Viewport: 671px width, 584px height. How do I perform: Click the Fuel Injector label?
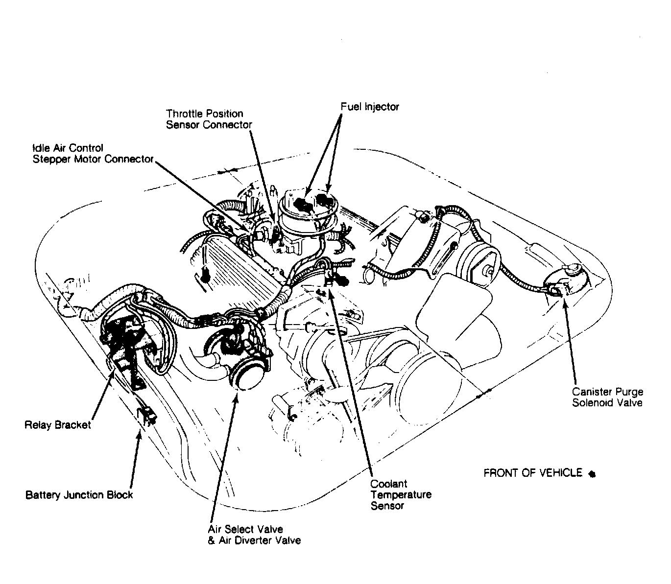370,107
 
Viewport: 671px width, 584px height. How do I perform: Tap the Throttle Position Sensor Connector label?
209,119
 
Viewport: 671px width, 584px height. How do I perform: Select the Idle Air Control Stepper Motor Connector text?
93,153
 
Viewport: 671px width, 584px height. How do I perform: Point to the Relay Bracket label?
57,425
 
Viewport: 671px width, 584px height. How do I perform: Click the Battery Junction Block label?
79,494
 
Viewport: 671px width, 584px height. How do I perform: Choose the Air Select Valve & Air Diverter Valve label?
254,535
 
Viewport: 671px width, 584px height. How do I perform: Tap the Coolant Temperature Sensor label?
401,494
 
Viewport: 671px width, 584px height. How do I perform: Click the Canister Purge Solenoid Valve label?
608,397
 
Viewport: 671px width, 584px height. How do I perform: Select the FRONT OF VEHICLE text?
533,473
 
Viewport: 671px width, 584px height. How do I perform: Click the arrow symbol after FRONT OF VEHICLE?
592,474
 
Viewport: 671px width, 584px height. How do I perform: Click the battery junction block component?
146,415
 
